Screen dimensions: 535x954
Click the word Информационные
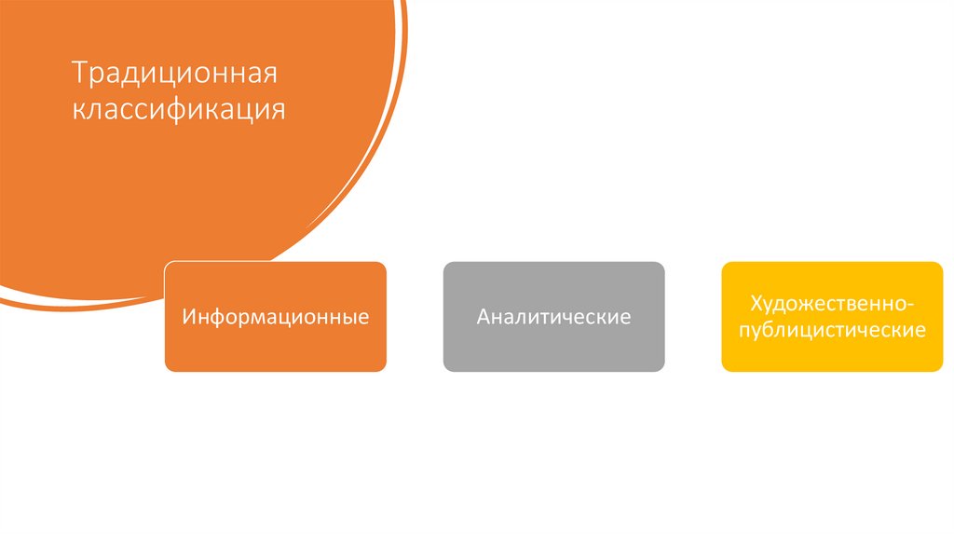276,318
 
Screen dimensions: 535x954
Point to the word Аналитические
553,318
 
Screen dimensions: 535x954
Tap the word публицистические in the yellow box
832,331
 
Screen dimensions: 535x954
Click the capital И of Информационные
189,318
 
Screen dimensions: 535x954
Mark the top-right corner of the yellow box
941,264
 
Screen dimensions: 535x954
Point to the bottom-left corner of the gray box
445,370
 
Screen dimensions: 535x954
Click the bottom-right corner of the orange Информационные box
385,370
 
